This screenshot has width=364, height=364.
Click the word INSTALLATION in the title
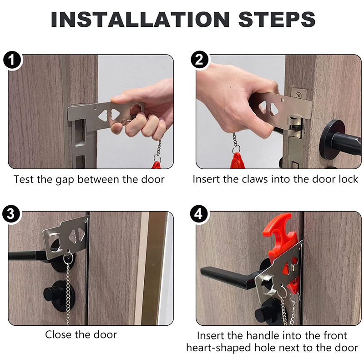point(140,19)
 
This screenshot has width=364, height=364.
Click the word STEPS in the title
point(277,19)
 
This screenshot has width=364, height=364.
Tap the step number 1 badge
point(12,61)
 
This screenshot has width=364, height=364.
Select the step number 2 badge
point(200,60)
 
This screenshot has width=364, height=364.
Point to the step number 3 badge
point(11,214)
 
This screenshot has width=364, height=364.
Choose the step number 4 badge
point(198,214)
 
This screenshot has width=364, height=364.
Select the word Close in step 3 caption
point(59,335)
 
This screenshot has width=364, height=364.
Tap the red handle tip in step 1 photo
point(156,165)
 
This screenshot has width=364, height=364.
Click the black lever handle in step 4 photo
point(230,278)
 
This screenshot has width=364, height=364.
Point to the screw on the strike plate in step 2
point(298,95)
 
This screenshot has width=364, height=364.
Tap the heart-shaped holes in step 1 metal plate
point(109,115)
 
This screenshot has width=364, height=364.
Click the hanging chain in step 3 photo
point(68,288)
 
